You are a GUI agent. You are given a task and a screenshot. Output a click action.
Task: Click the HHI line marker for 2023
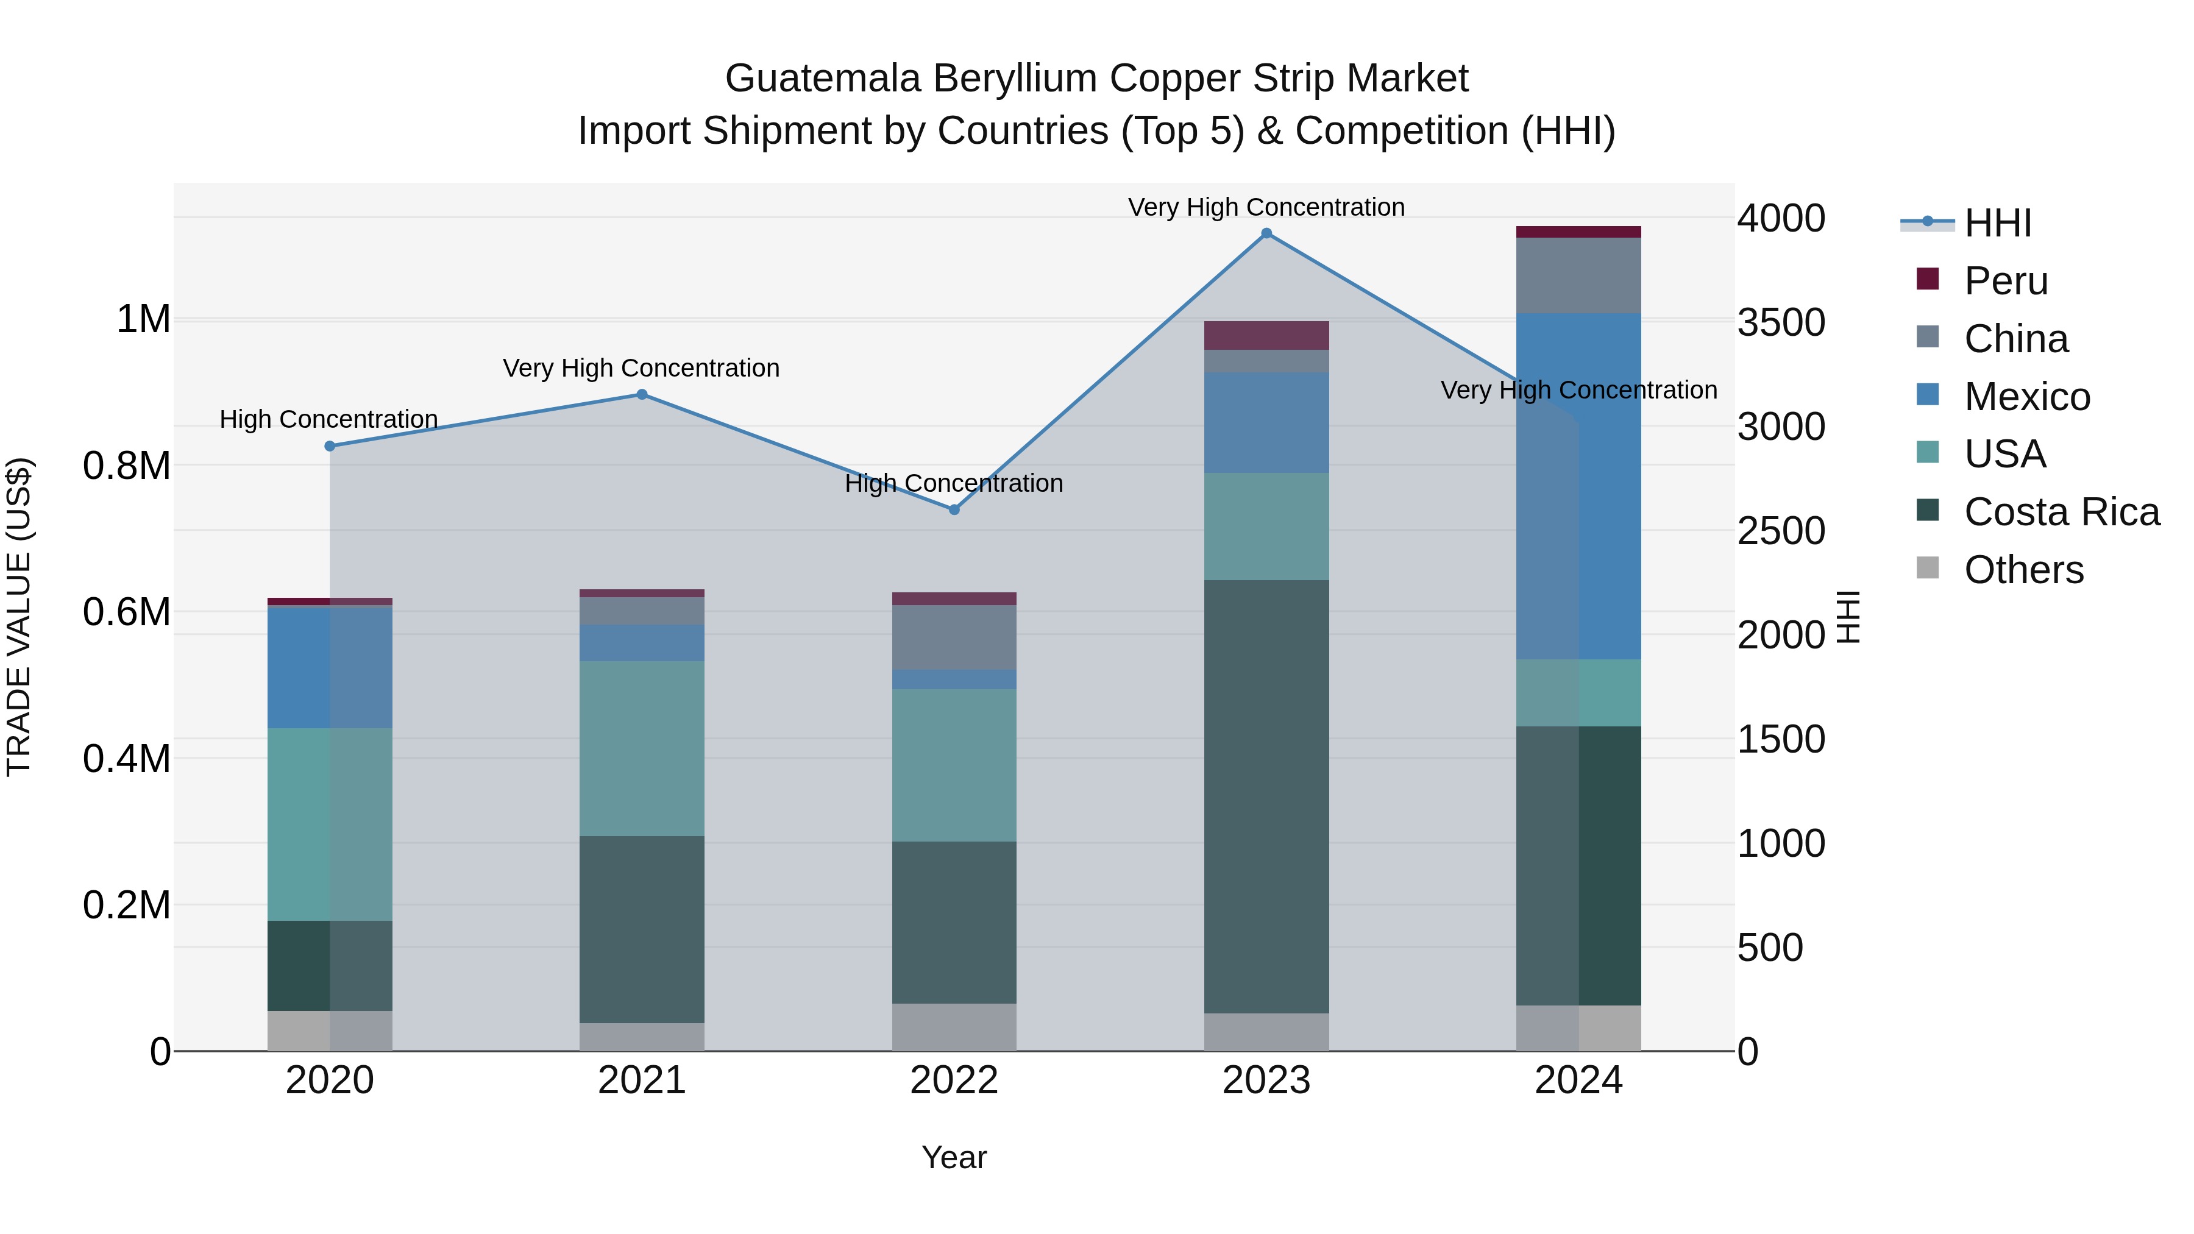1266,233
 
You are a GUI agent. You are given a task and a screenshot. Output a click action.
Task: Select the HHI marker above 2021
642,394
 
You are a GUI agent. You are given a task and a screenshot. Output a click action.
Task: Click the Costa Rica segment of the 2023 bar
1266,796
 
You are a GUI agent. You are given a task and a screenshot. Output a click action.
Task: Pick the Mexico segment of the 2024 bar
1578,486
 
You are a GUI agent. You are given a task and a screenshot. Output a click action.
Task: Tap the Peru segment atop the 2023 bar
1266,335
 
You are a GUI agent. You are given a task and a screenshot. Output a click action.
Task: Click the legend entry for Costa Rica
2061,512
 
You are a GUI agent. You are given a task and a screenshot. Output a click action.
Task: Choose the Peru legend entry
2005,281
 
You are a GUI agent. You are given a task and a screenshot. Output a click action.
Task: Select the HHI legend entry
1997,223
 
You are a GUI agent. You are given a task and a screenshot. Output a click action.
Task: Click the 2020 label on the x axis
330,1080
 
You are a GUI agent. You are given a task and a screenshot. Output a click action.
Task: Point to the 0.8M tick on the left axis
126,466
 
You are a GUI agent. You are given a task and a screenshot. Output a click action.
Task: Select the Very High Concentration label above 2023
1266,207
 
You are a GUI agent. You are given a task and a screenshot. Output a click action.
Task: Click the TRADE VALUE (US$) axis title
19,617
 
